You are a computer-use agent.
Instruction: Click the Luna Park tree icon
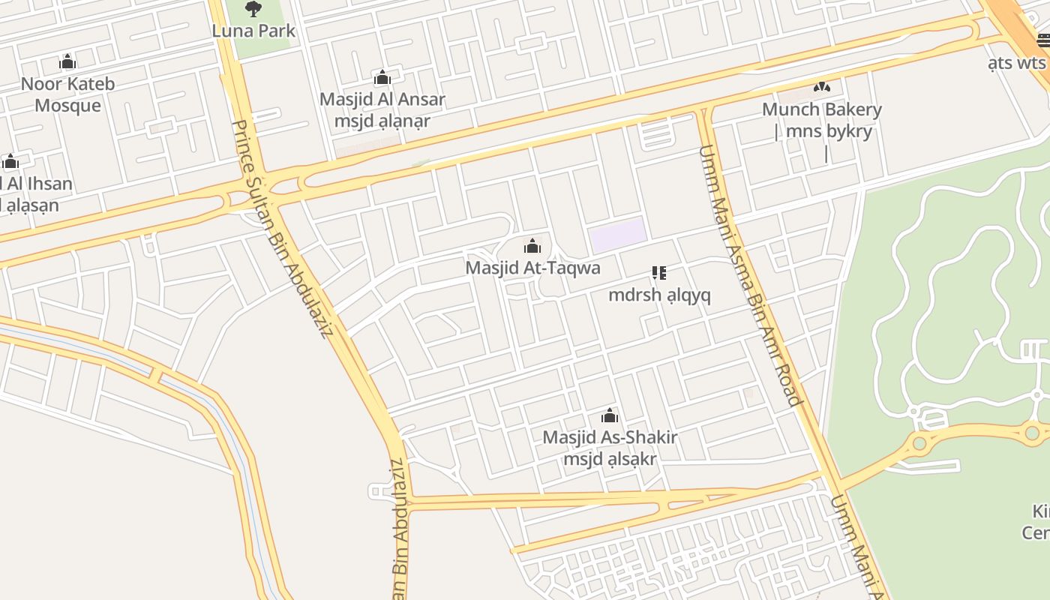click(x=253, y=9)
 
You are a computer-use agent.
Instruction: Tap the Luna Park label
click(x=253, y=31)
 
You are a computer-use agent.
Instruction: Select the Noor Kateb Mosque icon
click(x=67, y=61)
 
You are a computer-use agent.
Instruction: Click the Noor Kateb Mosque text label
click(x=67, y=94)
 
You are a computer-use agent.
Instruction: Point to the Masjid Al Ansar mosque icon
click(x=382, y=77)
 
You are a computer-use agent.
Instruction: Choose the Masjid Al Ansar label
click(x=382, y=99)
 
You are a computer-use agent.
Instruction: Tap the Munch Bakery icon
click(x=822, y=87)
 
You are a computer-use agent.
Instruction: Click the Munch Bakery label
click(x=822, y=109)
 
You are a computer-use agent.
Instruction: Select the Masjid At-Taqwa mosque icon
click(x=532, y=246)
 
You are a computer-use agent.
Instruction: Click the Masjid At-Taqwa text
click(x=532, y=268)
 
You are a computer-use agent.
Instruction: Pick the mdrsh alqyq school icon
click(x=659, y=273)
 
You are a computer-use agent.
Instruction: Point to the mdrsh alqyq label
click(x=659, y=295)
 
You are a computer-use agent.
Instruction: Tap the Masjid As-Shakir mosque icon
click(x=610, y=415)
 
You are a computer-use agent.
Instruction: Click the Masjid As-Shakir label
click(x=610, y=437)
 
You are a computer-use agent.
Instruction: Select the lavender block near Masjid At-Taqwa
click(x=618, y=235)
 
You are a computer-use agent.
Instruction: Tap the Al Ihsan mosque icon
click(x=10, y=162)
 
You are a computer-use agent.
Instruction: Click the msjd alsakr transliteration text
click(x=610, y=459)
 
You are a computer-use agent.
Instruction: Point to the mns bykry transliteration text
click(x=828, y=132)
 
